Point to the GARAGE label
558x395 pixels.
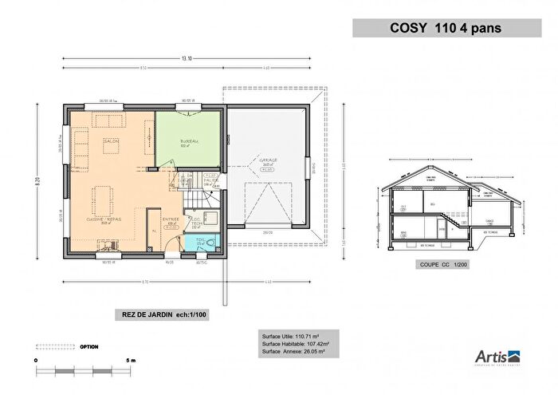coord(267,160)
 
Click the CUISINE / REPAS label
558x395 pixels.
coord(104,217)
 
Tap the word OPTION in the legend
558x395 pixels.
coord(89,347)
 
